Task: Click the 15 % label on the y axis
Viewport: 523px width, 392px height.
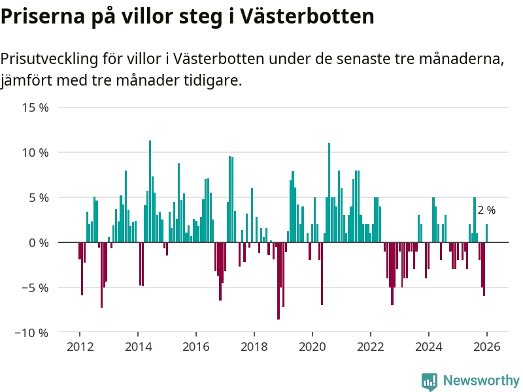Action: (35, 107)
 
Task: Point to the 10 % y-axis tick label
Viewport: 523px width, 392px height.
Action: (35, 152)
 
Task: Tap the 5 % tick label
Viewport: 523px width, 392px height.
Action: (38, 197)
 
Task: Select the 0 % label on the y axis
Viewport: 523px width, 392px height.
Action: (38, 242)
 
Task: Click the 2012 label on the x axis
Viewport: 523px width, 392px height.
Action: (79, 347)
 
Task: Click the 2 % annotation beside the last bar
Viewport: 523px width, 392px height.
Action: (486, 210)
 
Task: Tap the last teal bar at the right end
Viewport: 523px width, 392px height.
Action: (486, 233)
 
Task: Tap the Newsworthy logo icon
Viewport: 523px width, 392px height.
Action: (430, 381)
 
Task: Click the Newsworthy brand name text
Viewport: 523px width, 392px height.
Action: (481, 381)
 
